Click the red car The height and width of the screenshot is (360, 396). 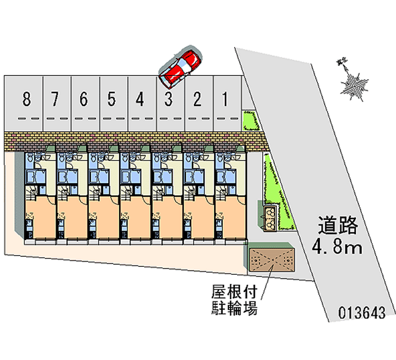point(180,66)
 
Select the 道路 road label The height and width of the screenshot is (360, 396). point(338,226)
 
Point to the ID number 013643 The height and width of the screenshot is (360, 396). point(362,312)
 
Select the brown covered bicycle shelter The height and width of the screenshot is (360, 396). point(272,259)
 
